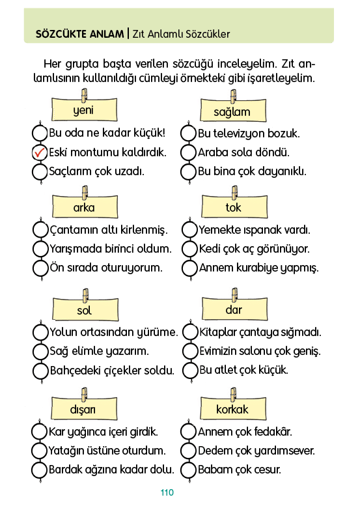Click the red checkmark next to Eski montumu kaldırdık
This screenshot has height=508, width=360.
[x=39, y=152]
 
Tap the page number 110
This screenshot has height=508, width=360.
[x=167, y=492]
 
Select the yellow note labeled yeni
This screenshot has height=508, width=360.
[x=84, y=109]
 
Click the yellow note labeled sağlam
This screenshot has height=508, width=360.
[x=233, y=111]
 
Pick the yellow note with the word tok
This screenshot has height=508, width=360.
[x=234, y=206]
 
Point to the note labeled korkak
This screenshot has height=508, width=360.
[x=233, y=408]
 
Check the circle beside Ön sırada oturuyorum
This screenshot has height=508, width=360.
[x=40, y=268]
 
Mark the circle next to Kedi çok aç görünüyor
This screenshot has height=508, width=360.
[x=189, y=249]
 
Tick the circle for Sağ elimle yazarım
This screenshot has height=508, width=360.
[x=40, y=351]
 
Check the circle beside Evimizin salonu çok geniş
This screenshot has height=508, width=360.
[x=190, y=351]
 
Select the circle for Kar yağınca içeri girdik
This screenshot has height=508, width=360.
[x=39, y=432]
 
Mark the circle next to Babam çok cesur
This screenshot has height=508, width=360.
[x=188, y=470]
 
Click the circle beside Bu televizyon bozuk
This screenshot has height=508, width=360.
[x=188, y=133]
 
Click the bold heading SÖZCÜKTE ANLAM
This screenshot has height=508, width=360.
[x=79, y=34]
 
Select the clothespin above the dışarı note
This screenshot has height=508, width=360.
[x=84, y=394]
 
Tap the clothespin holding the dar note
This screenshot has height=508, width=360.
[x=235, y=295]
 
